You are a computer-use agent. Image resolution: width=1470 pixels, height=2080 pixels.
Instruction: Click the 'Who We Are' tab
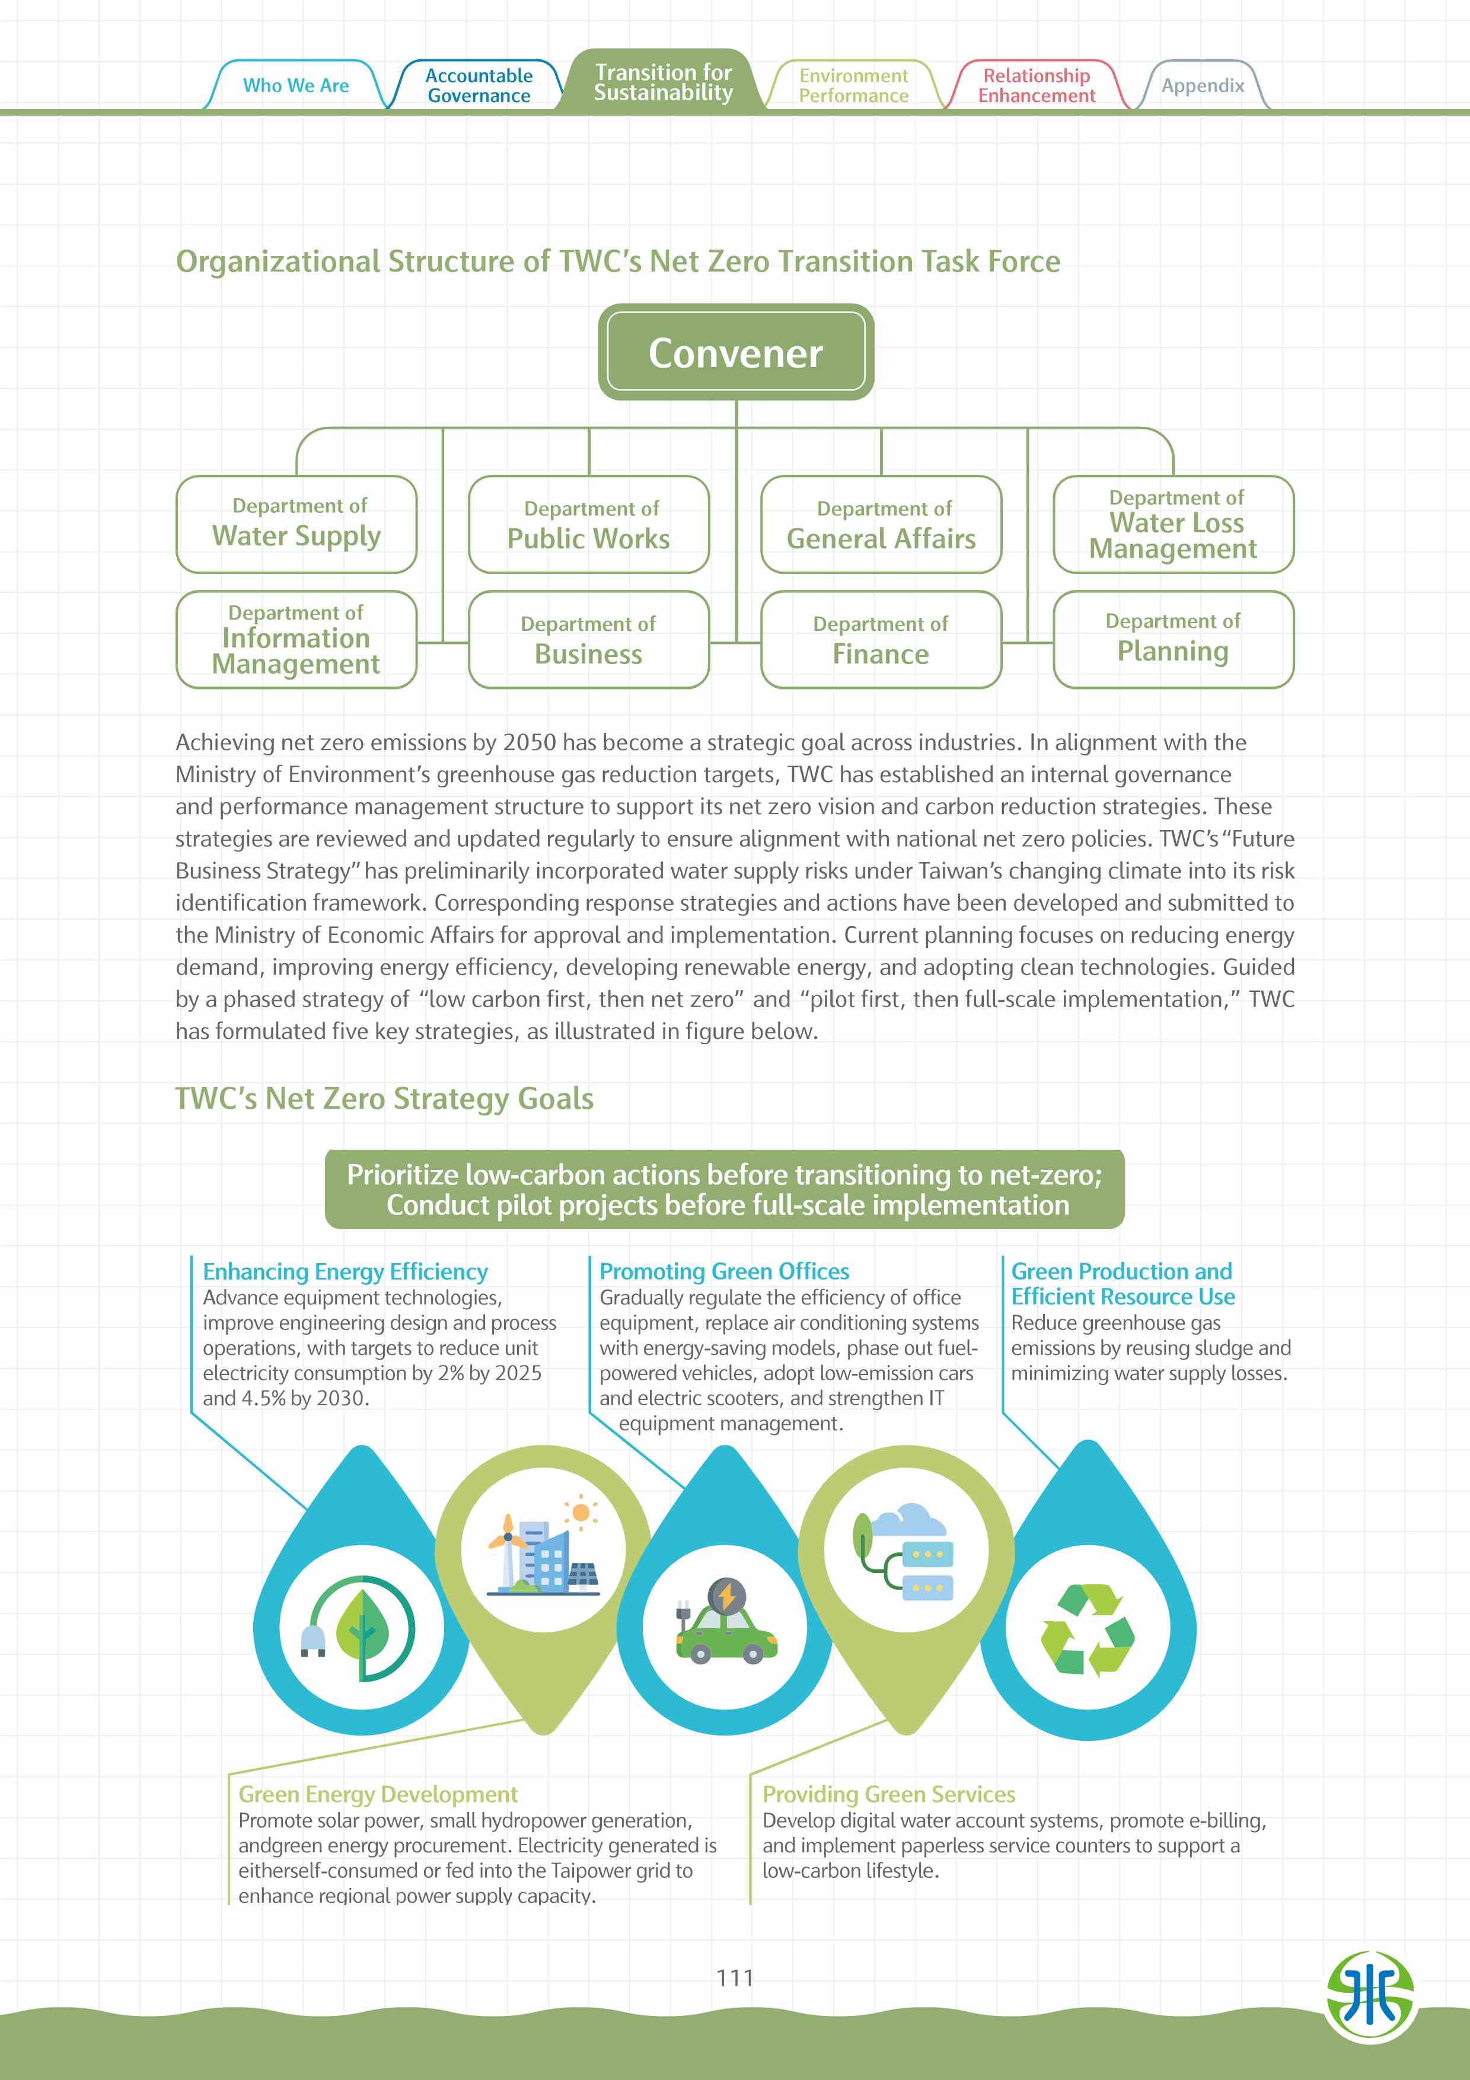[295, 85]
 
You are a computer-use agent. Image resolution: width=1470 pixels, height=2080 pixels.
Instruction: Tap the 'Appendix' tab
[1202, 86]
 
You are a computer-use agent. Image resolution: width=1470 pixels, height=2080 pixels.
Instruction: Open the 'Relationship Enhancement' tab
[1036, 86]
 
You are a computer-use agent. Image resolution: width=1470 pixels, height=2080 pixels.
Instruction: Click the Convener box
[735, 352]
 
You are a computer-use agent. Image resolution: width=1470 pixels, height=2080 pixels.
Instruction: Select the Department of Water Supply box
[296, 525]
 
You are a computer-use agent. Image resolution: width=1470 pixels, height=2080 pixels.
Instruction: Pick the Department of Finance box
[881, 640]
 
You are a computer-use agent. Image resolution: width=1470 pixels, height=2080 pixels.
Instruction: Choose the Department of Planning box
[1173, 640]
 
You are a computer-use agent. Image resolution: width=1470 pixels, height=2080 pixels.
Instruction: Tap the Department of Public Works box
[589, 525]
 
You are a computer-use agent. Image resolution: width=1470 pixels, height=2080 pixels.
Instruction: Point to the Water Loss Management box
[1173, 525]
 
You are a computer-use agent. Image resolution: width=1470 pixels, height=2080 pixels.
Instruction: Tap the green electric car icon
[725, 1622]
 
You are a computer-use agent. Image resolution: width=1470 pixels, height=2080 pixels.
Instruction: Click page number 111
[735, 1977]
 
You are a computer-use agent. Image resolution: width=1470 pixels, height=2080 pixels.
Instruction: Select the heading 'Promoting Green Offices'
[723, 1271]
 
